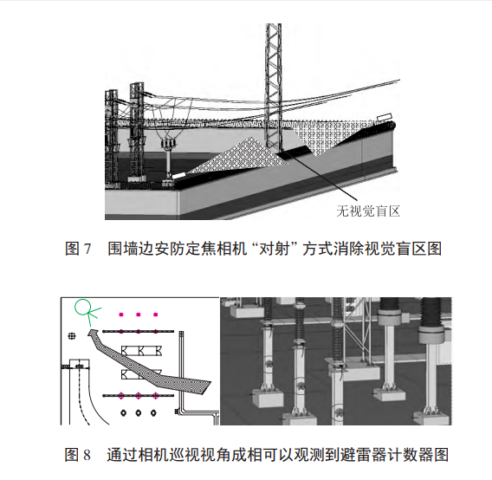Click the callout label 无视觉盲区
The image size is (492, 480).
click(368, 211)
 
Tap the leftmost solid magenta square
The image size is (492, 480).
click(121, 315)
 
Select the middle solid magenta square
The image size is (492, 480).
click(139, 315)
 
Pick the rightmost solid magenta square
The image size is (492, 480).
click(155, 315)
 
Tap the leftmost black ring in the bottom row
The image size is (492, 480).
click(124, 412)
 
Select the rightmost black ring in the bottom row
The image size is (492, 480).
click(153, 412)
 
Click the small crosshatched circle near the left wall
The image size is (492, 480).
click(72, 336)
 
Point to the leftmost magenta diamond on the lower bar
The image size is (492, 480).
click(121, 396)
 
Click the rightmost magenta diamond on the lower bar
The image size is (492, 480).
click(155, 396)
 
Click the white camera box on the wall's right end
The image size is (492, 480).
click(385, 117)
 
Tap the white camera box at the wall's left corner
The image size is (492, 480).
click(178, 175)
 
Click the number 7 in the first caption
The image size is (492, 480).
click(87, 249)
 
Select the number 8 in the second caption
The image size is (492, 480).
click(87, 455)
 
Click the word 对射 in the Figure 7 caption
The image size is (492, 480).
click(274, 249)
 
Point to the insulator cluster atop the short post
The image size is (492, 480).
click(169, 144)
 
